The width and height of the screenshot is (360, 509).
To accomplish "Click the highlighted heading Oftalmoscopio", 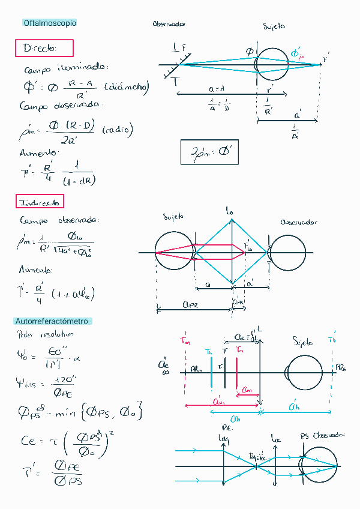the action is click(x=50, y=23).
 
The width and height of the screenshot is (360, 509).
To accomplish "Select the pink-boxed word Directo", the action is click(x=44, y=48).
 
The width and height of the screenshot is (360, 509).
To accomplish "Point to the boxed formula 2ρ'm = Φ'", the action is click(x=209, y=152).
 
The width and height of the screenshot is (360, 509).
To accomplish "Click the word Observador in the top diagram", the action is click(x=169, y=25).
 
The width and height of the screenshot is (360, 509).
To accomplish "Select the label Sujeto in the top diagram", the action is click(x=274, y=26).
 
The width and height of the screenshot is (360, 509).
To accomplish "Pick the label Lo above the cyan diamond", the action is click(x=230, y=211).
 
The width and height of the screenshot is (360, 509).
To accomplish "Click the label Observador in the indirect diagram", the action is click(x=299, y=222).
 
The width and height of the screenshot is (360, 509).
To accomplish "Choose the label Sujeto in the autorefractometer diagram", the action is click(x=302, y=342).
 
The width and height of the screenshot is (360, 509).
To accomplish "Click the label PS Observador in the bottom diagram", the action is click(x=321, y=435).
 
